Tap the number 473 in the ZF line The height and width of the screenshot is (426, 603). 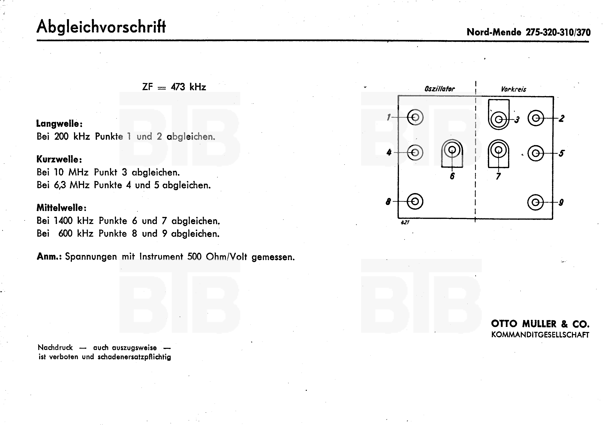point(178,87)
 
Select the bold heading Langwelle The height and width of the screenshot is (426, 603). point(59,124)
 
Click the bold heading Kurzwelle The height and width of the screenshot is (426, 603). point(59,159)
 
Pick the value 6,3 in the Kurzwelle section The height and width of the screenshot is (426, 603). point(60,185)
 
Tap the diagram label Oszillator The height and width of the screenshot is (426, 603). point(439,89)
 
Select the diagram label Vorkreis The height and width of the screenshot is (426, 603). point(513,89)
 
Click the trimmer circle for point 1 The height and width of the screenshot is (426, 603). point(415,117)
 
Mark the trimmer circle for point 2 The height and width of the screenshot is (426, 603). point(536,118)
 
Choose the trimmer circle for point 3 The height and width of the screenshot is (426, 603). point(499,120)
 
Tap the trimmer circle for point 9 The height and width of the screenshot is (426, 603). point(535,202)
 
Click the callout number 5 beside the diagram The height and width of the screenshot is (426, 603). point(561,153)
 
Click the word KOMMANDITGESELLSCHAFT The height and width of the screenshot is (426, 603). point(540,335)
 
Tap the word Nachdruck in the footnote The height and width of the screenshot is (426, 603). point(55,347)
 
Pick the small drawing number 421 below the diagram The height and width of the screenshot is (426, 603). point(405,222)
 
